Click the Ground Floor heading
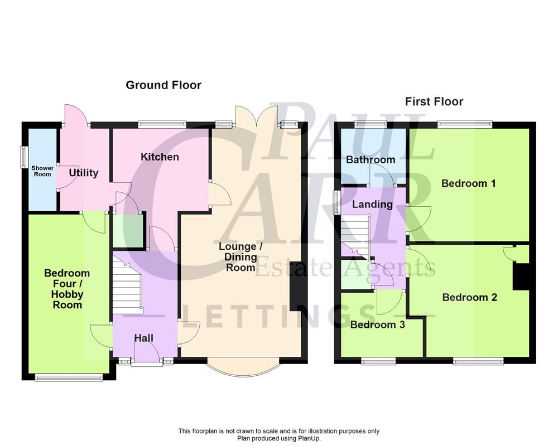coord(163,85)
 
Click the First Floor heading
coord(434,101)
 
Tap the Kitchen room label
coord(160,157)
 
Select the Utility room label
coord(84,173)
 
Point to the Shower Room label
coord(42,171)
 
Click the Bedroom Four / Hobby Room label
coord(67,289)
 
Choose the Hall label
coord(143,338)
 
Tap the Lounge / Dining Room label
coord(238,257)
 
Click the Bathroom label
coord(371,160)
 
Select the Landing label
coord(372,205)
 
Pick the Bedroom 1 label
coord(469,183)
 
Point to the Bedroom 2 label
coord(469,298)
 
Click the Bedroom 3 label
coord(377,325)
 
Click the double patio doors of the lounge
coord(256,117)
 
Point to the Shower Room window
coord(24,156)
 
